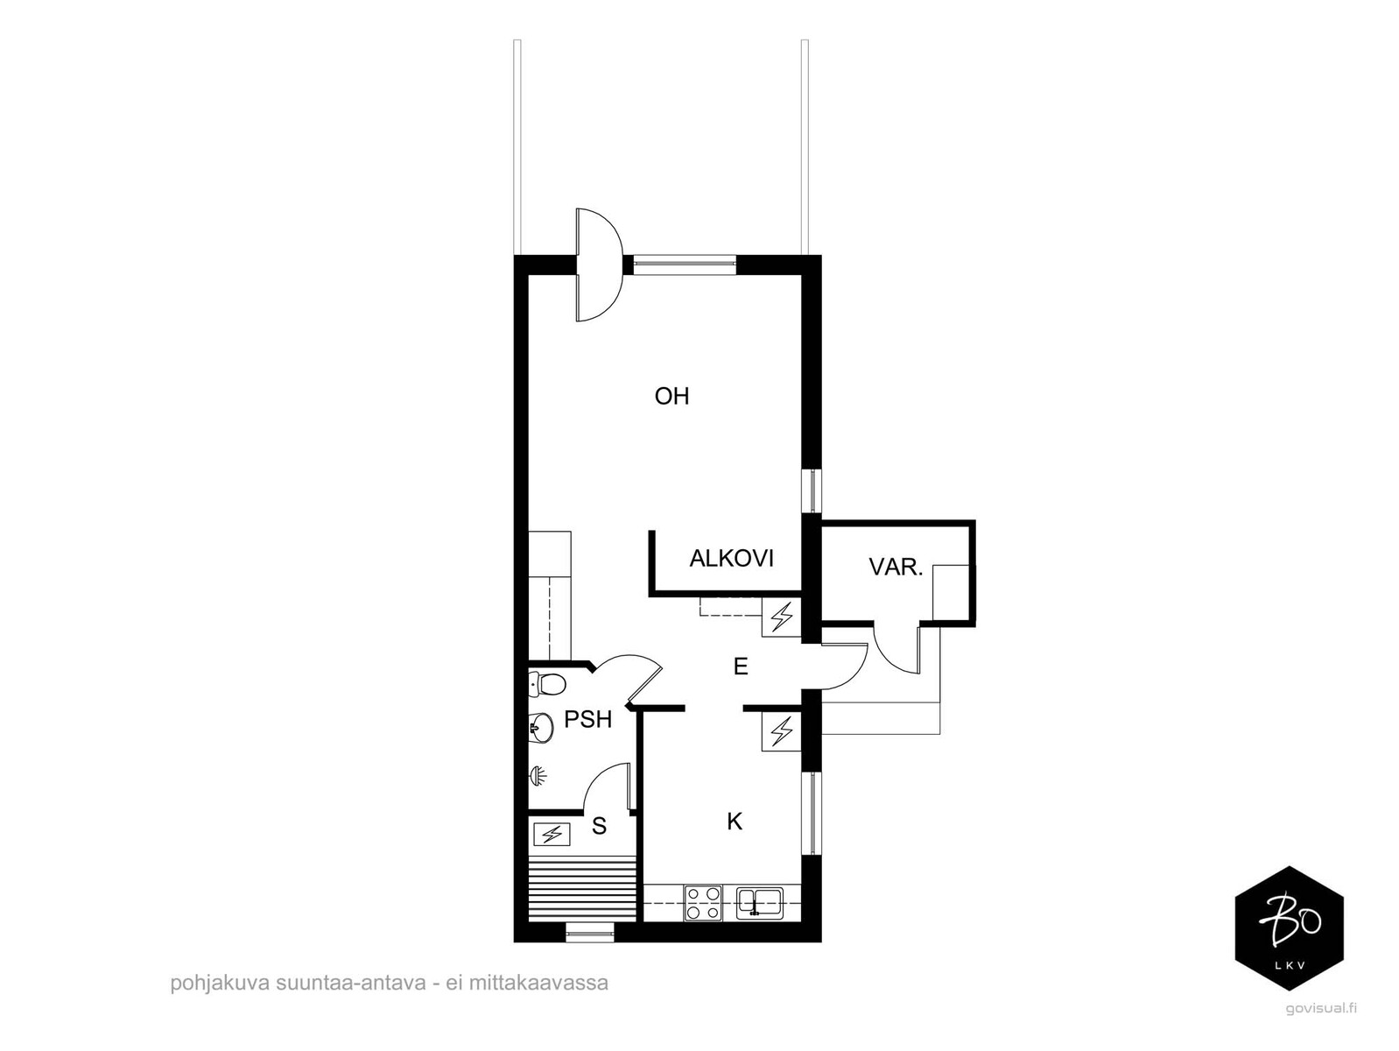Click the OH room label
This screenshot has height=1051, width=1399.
point(671,397)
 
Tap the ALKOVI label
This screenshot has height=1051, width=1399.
point(732,558)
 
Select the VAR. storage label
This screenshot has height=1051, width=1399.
point(896,567)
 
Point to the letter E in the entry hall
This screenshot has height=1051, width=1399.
point(740,667)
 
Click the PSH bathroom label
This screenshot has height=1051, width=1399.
point(587,720)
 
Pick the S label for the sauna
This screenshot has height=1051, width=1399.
point(599,826)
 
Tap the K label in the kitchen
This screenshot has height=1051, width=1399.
point(735,822)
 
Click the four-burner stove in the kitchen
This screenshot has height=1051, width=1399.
point(703,902)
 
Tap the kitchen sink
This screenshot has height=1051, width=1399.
point(760,902)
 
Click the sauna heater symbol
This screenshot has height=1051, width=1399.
point(552,833)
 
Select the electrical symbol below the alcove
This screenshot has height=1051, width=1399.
point(782,617)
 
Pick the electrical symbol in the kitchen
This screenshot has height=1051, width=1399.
point(782,731)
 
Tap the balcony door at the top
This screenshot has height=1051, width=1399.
point(598,265)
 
